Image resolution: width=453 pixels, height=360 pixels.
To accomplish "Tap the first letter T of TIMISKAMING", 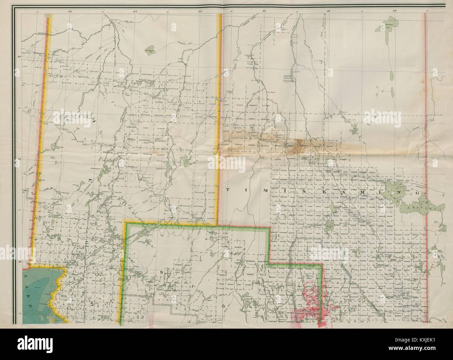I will [x=228, y=189].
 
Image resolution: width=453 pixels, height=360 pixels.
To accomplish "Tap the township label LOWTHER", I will [x=146, y=115].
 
